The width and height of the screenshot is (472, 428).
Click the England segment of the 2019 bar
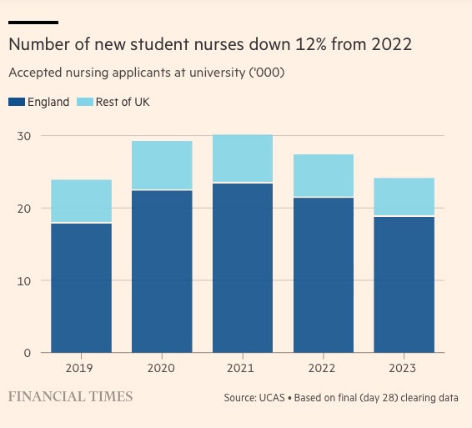81,288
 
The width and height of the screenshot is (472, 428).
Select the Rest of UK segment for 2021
243,159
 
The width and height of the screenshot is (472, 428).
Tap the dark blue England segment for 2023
404,284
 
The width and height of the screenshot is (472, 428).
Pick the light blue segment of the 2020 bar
162,165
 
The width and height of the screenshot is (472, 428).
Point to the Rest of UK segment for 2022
324,175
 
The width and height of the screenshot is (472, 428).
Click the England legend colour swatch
17,102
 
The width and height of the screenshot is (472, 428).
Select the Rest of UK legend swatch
85,102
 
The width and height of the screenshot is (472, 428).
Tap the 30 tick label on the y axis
24,136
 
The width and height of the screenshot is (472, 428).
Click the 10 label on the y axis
24,281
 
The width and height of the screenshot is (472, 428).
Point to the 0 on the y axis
28,353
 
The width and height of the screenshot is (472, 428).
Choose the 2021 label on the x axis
240,368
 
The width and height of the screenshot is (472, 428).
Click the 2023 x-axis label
403,368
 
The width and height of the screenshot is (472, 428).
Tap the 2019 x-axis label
79,368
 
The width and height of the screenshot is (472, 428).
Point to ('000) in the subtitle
267,73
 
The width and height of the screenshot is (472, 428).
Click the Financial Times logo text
70,396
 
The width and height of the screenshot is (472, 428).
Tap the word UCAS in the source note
272,398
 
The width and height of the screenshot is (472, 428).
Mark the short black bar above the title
33,23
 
